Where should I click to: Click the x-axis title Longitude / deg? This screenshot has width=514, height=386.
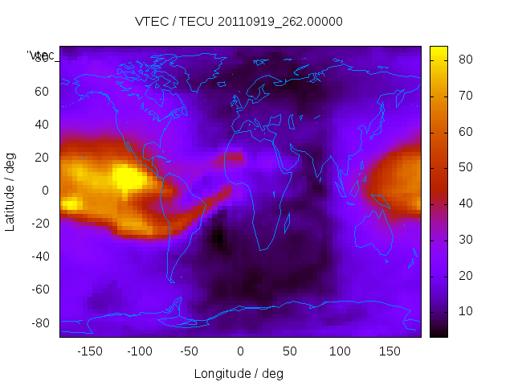(x=239, y=374)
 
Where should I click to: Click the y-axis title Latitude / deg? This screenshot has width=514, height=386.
(x=10, y=191)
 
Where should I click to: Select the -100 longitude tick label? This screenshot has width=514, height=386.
(x=140, y=351)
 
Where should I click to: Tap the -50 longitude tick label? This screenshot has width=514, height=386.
(x=190, y=351)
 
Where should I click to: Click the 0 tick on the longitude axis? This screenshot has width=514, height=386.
(x=240, y=351)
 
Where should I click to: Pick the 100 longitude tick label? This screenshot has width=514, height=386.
(x=340, y=351)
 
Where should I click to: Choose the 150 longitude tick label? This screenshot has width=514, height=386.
(x=390, y=351)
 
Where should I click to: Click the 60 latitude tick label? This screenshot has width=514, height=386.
(x=42, y=92)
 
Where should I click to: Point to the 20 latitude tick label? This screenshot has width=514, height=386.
(x=42, y=158)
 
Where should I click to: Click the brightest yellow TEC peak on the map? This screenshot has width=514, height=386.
(x=126, y=177)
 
